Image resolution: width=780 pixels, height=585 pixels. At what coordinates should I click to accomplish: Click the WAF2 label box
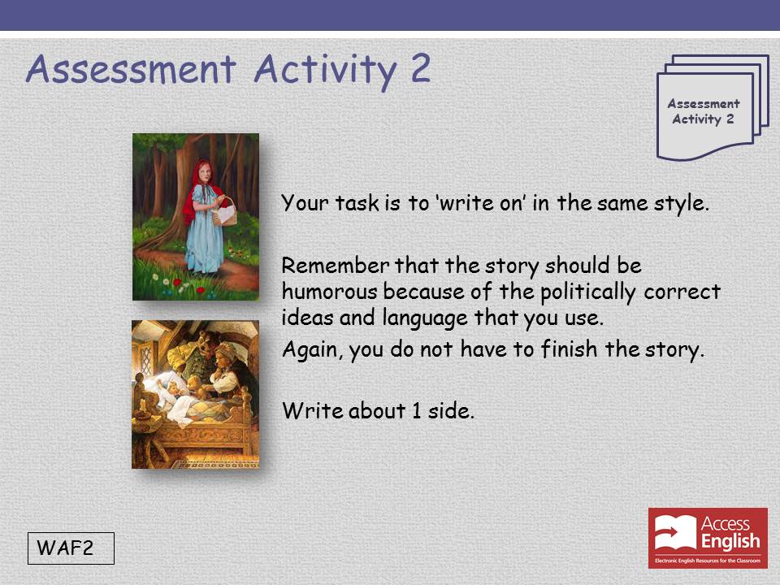coord(71,548)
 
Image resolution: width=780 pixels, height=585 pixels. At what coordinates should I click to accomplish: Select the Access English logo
coord(708,538)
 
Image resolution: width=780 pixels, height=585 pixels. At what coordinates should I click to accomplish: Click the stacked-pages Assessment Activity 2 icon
coord(713,107)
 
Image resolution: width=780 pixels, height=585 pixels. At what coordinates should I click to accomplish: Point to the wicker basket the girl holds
coord(224,212)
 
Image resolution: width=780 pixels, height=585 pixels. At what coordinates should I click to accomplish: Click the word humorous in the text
coord(329,292)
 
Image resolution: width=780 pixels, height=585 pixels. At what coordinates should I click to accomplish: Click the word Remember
coord(336,266)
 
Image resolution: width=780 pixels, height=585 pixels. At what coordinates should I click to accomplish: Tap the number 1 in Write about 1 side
coord(416,411)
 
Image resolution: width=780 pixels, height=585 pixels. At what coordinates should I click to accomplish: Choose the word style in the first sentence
coord(682,204)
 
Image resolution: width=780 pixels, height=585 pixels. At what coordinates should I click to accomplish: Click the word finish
coord(569,349)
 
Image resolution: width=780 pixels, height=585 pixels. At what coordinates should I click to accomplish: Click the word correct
coord(682,292)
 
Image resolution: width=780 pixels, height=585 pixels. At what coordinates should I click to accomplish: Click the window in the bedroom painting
coord(145,358)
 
